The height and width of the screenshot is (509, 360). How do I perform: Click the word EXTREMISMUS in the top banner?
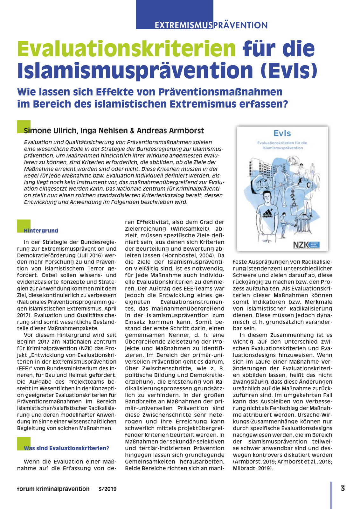tap(183, 25)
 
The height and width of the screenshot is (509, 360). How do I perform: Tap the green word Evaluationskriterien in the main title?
tap(127, 49)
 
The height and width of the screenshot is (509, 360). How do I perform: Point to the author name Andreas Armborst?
tap(170, 131)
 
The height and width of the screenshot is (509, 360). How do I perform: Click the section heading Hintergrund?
tap(41, 231)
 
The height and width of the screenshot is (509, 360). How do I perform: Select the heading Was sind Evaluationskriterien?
tap(66, 448)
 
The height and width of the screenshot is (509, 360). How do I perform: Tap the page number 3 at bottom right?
tap(343, 488)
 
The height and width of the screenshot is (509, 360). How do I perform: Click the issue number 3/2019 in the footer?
tap(107, 489)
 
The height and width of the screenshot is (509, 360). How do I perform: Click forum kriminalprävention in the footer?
tap(53, 489)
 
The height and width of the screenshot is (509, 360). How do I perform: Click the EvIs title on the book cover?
tap(282, 133)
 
